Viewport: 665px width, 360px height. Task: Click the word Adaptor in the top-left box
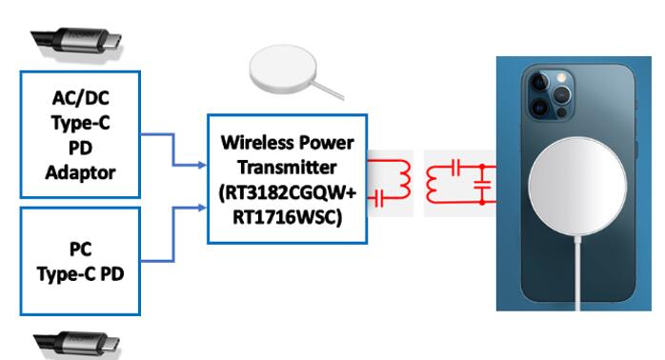click(x=80, y=173)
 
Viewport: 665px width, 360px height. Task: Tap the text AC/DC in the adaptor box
click(x=81, y=98)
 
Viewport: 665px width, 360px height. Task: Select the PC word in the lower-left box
click(x=81, y=250)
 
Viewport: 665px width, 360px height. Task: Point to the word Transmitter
click(x=287, y=167)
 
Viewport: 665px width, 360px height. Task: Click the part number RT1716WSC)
click(x=287, y=217)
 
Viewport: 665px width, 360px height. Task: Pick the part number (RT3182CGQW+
click(x=287, y=193)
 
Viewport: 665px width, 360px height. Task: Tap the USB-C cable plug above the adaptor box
click(x=77, y=44)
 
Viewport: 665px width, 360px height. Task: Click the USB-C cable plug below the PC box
click(x=77, y=345)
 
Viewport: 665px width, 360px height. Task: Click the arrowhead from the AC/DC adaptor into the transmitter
click(x=202, y=165)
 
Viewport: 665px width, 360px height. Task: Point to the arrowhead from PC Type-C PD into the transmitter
click(x=202, y=208)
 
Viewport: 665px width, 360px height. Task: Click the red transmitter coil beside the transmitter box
click(x=404, y=179)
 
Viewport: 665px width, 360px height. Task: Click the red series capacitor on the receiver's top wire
click(x=455, y=167)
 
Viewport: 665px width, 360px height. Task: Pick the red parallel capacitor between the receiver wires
click(x=482, y=185)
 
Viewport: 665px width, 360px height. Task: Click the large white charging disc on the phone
click(x=577, y=187)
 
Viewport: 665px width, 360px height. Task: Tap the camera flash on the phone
click(x=561, y=78)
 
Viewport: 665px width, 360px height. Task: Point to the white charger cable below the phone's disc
click(x=577, y=273)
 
